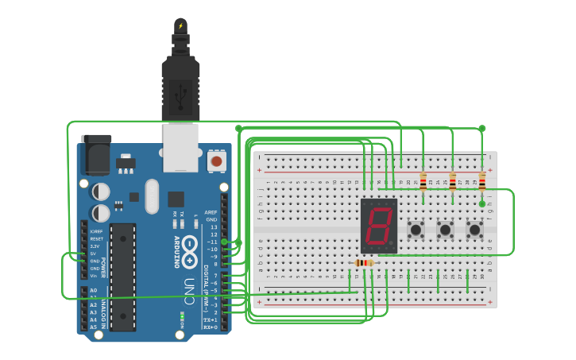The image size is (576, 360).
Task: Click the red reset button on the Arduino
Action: [x=215, y=161]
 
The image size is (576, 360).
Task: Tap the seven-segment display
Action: [x=379, y=226]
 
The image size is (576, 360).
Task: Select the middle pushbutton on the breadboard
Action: [x=445, y=230]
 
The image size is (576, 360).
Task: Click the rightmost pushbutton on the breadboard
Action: [x=475, y=230]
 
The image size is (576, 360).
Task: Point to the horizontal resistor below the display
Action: [x=364, y=263]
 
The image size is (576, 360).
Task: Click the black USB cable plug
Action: [x=180, y=87]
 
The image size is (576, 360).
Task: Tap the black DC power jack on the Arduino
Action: [x=96, y=154]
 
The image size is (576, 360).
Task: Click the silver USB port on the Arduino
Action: [x=180, y=147]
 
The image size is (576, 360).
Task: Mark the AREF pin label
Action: [x=211, y=212]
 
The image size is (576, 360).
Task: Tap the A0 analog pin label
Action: [x=93, y=291]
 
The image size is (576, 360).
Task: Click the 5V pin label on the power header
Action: [x=94, y=254]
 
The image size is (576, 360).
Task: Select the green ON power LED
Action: [x=183, y=317]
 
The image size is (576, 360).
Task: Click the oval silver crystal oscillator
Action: [x=151, y=196]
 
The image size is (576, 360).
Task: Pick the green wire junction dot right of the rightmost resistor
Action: [x=482, y=204]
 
